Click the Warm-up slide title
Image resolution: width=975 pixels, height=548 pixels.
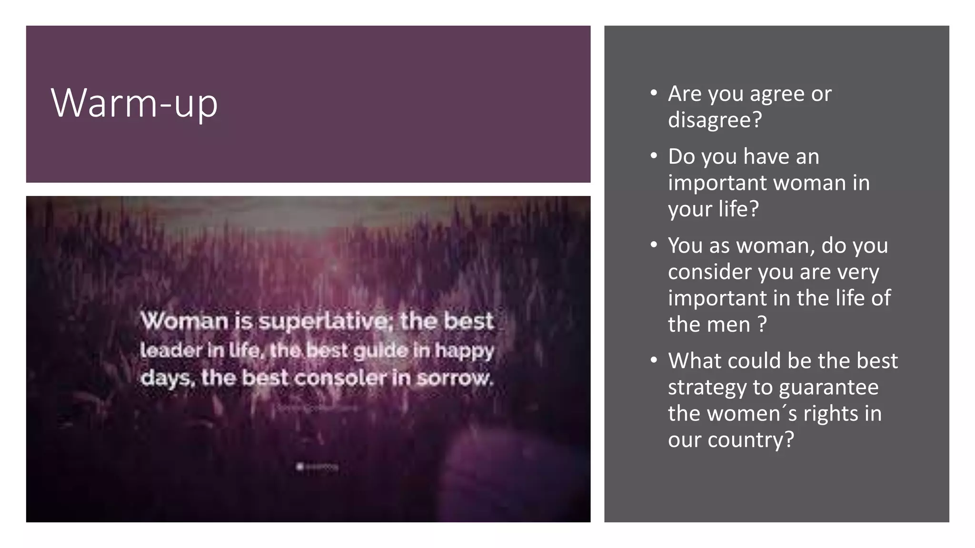pos(134,103)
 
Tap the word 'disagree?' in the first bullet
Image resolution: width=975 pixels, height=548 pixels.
pos(715,119)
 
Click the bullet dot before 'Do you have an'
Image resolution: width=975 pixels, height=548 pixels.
pos(654,156)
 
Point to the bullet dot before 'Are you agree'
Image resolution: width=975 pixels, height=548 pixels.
pos(654,92)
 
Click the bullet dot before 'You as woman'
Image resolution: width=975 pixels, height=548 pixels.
pos(654,245)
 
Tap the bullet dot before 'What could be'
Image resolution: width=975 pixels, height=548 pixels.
pos(654,360)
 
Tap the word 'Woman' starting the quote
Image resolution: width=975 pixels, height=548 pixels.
pos(184,321)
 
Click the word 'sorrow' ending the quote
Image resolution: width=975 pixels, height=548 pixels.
pos(454,378)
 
